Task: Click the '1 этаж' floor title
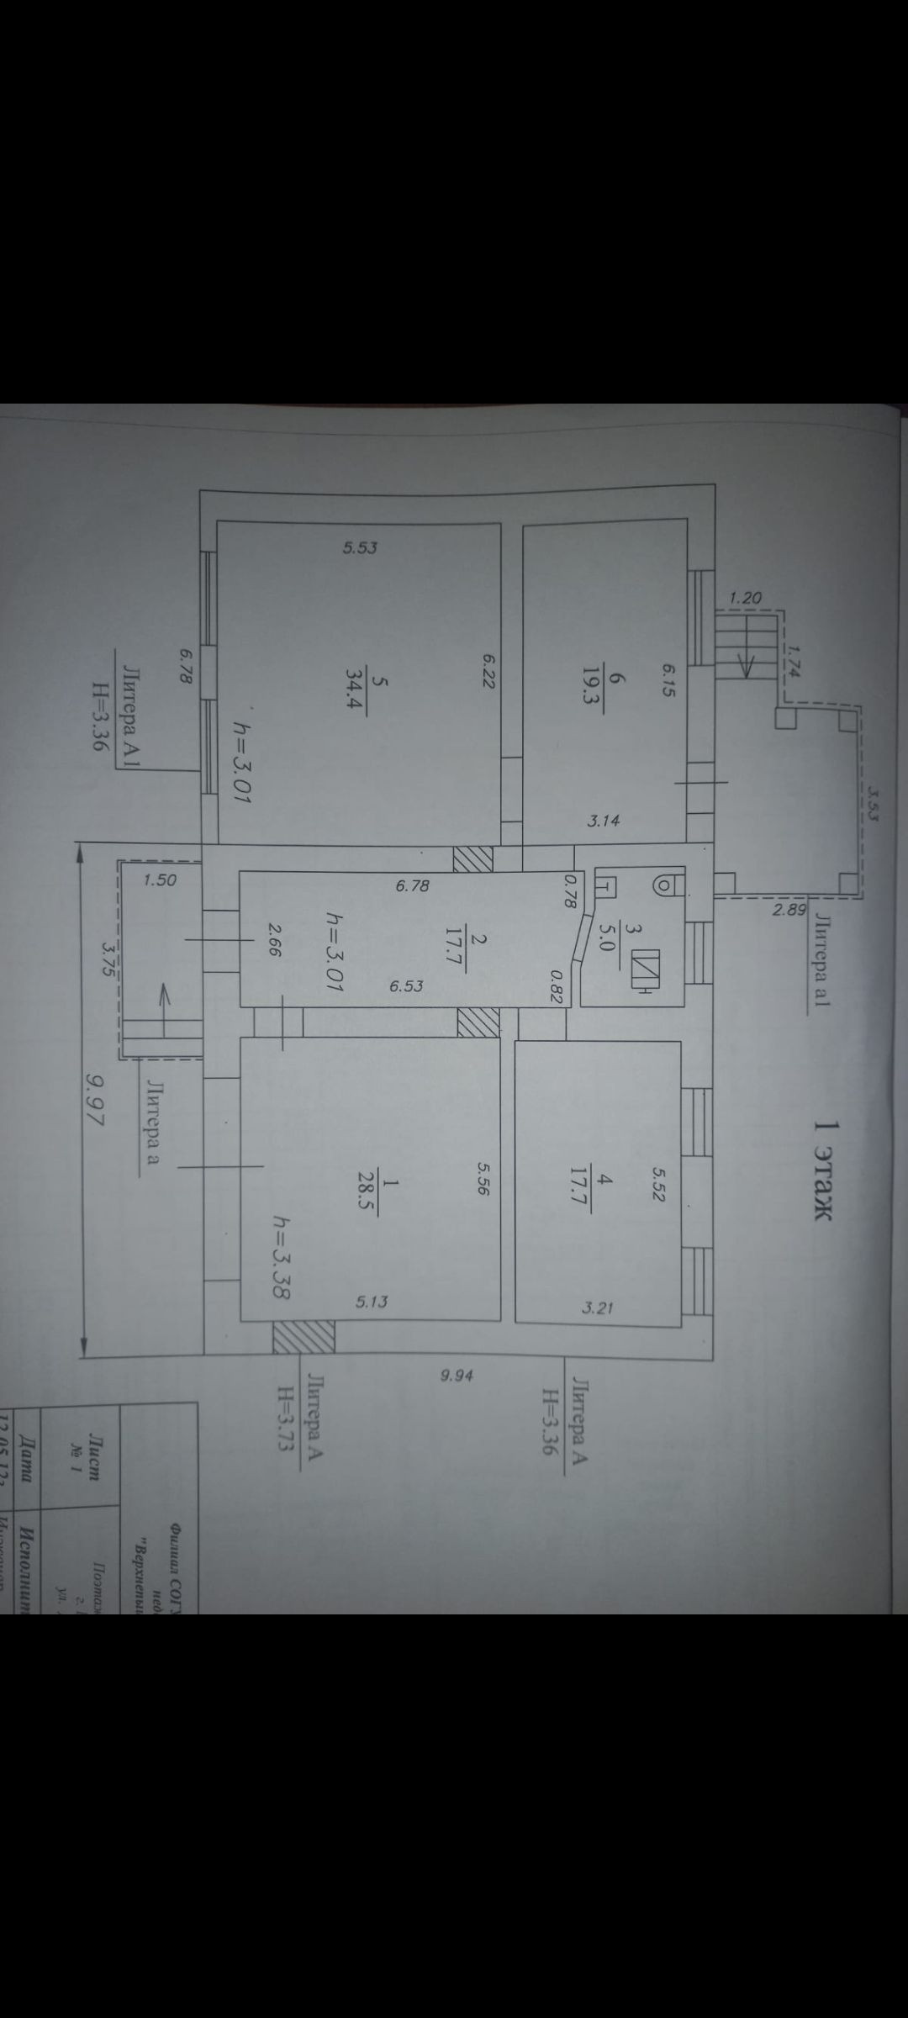(823, 1170)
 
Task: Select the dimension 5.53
(360, 548)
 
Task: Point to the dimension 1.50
(160, 880)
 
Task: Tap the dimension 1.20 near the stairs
(745, 599)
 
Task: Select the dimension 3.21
(599, 1308)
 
